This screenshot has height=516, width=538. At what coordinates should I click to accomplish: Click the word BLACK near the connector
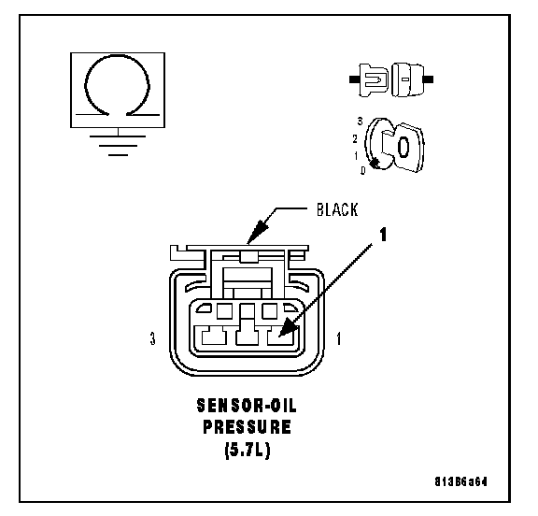tap(337, 209)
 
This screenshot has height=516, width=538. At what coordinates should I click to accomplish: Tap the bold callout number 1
tap(383, 235)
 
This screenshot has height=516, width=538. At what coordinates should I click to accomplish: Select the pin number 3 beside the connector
tap(152, 338)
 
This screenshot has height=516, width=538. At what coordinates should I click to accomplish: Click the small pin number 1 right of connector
tap(339, 338)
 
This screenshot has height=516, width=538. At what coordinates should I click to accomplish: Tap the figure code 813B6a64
tap(460, 481)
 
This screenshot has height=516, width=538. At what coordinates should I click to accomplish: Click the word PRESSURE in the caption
tap(247, 427)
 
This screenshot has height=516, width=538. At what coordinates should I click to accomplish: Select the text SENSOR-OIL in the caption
tap(247, 406)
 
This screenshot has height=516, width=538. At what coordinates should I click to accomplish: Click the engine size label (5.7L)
tap(248, 449)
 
